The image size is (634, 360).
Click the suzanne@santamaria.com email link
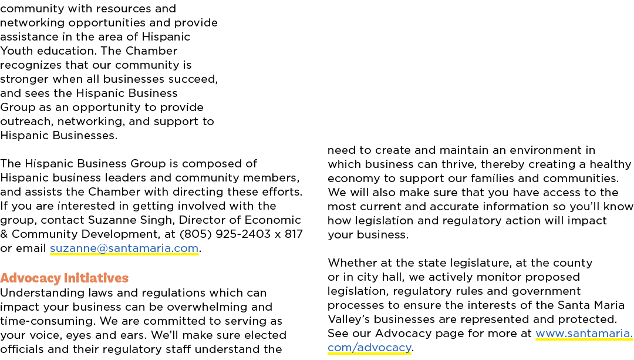click(124, 248)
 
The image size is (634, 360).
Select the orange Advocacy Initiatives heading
click(65, 278)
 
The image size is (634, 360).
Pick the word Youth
click(15, 51)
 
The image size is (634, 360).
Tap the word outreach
click(26, 122)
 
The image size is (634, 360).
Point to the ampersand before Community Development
click(4, 234)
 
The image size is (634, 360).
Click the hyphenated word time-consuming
click(48, 321)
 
